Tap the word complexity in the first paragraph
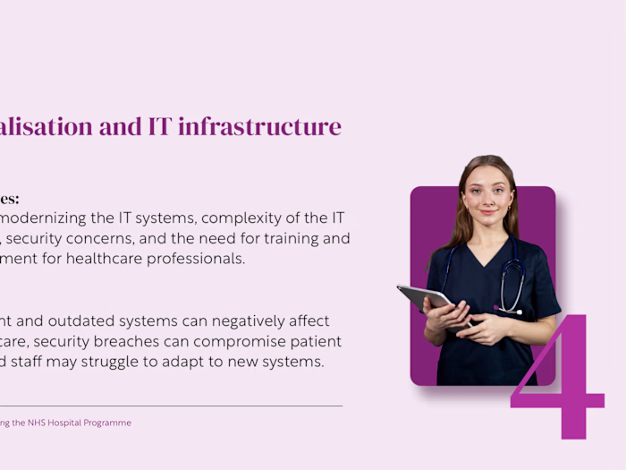(260, 218)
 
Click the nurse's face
(487, 193)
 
